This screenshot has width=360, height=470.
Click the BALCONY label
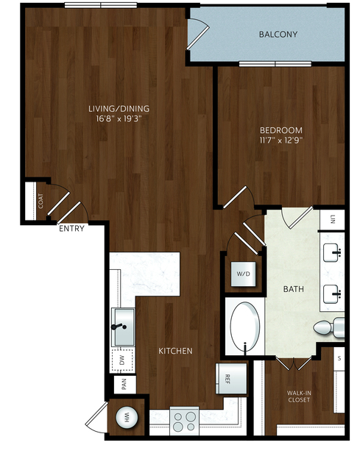pos(278,34)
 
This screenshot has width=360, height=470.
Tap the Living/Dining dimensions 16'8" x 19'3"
pos(119,118)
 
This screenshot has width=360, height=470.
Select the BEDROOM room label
pos(281,130)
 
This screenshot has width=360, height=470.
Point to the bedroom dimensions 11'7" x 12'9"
pos(281,140)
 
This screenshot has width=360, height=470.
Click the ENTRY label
pos(71,229)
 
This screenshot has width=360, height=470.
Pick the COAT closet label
pos(40,201)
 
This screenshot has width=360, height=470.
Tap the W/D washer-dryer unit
pos(243,274)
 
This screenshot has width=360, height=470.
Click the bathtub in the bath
pos(245,327)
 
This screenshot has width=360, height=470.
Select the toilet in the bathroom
pos(329,328)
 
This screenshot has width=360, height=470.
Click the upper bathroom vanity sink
pos(333,253)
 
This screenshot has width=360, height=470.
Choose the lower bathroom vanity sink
pos(333,294)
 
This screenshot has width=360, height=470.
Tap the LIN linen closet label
pos(333,220)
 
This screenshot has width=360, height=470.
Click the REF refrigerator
pos(231,379)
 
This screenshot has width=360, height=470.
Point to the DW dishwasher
pos(121,360)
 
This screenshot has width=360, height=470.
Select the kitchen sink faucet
pos(119,327)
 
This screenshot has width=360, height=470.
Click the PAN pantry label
pos(124,384)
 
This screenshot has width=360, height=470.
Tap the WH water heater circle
pos(127,417)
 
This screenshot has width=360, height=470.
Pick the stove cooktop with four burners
pos(185,421)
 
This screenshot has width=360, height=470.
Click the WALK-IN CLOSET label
pos(299,396)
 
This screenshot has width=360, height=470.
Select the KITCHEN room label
pos(175,351)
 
